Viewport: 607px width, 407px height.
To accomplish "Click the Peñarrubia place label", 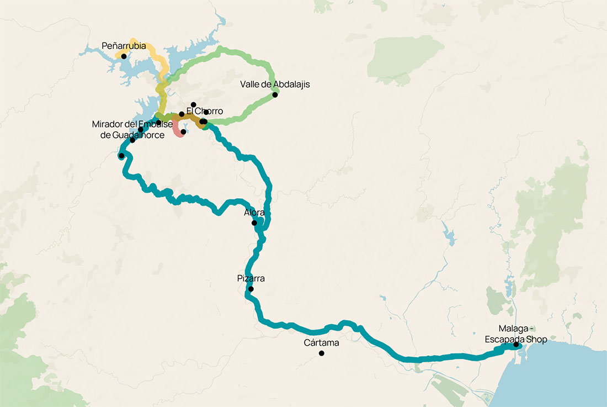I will (124, 46).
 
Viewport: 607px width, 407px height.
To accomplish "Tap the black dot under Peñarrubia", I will (124, 56).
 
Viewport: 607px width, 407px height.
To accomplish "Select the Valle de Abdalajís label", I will (275, 84).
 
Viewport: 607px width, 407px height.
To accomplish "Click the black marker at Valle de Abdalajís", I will (275, 94).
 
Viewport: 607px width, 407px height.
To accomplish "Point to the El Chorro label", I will (205, 112).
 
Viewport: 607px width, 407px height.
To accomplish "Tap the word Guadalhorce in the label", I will (136, 135).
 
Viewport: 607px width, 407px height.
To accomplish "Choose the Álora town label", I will (254, 213).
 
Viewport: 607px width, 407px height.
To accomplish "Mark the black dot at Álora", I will (254, 223).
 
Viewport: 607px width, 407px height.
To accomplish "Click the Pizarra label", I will (251, 279).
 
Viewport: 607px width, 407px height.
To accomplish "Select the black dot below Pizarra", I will (251, 289).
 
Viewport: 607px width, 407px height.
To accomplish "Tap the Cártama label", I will (321, 343).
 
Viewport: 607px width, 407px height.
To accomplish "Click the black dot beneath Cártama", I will (321, 353).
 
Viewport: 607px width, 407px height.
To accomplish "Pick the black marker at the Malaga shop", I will (516, 345).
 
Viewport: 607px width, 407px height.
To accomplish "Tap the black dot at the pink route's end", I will (183, 132).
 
